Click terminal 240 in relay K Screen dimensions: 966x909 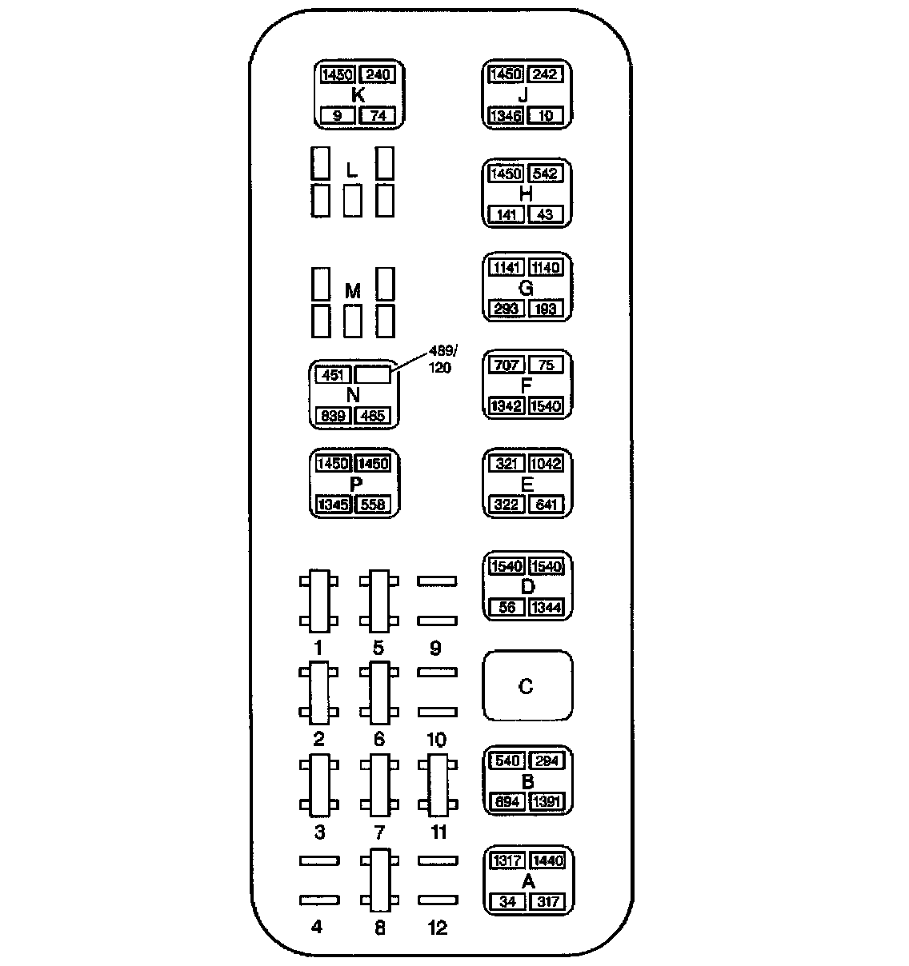click(378, 75)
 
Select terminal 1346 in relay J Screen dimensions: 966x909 click(506, 116)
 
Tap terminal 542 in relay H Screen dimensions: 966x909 click(546, 174)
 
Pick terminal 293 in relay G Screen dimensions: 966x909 click(506, 309)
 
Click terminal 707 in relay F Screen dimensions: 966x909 click(506, 365)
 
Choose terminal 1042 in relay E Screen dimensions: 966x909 click(546, 465)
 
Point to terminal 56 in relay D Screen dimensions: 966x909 click(506, 608)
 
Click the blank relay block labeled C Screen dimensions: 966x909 click(527, 686)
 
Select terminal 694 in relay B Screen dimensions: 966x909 click(506, 802)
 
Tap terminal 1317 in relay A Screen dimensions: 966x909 click(507, 861)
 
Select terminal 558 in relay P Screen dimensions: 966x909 click(373, 505)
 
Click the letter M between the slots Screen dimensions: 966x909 click(353, 292)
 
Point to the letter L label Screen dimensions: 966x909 click(350, 170)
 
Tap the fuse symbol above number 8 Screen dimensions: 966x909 click(379, 880)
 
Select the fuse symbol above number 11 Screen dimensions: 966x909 click(438, 784)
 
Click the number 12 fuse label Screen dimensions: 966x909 click(438, 928)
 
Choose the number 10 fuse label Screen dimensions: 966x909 click(437, 740)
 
